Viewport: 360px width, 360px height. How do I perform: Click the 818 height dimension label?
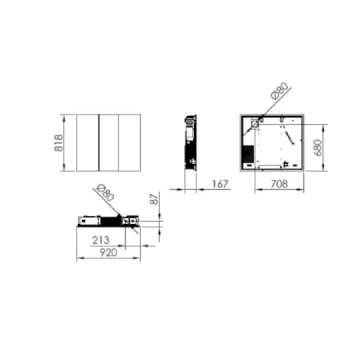tap(59, 143)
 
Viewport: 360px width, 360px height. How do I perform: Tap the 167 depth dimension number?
tap(220, 184)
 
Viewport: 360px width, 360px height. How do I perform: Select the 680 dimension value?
tap(319, 147)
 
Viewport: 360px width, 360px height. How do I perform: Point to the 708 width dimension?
tap(279, 184)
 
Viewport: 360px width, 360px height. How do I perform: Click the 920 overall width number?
tap(109, 253)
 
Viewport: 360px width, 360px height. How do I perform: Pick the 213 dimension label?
tap(100, 240)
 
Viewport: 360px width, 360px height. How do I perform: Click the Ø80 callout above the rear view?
tap(279, 91)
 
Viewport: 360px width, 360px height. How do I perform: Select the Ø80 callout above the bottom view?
tap(105, 193)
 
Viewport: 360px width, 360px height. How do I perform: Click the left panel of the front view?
tap(87, 143)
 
